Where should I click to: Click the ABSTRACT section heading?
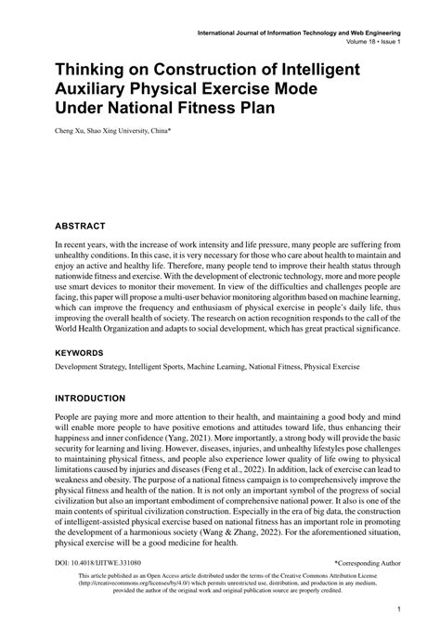click(x=80, y=226)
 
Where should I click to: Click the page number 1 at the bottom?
click(x=396, y=609)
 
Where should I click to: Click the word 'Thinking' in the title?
click(x=99, y=70)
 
